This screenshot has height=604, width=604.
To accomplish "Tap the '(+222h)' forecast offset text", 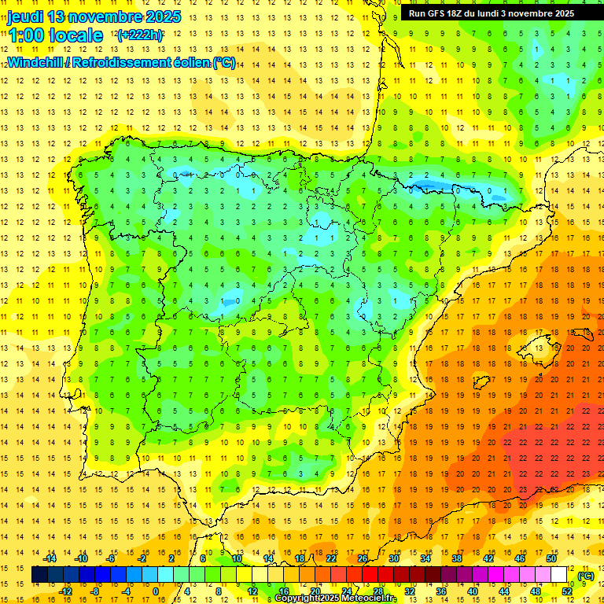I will click(x=140, y=35).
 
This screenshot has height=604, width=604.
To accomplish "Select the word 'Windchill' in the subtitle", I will click(x=35, y=62).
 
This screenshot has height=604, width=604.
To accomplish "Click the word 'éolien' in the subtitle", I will click(x=188, y=62).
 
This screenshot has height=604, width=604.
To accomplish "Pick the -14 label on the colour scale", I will click(x=52, y=558).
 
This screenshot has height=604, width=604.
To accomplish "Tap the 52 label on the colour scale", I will click(x=566, y=591).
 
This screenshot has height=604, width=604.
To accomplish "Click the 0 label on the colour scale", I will click(x=157, y=591).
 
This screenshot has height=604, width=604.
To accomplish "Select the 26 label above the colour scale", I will click(x=363, y=558).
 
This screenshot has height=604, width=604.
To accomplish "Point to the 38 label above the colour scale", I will click(x=457, y=558).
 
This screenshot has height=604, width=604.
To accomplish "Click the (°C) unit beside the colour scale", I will click(x=585, y=576).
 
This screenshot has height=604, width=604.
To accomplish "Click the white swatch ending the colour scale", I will click(x=559, y=575).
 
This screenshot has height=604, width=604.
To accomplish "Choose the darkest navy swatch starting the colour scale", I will click(x=39, y=575).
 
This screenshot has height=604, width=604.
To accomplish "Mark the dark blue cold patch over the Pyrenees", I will click(x=429, y=186).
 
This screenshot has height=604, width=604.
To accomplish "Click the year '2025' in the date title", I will click(x=163, y=17).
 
